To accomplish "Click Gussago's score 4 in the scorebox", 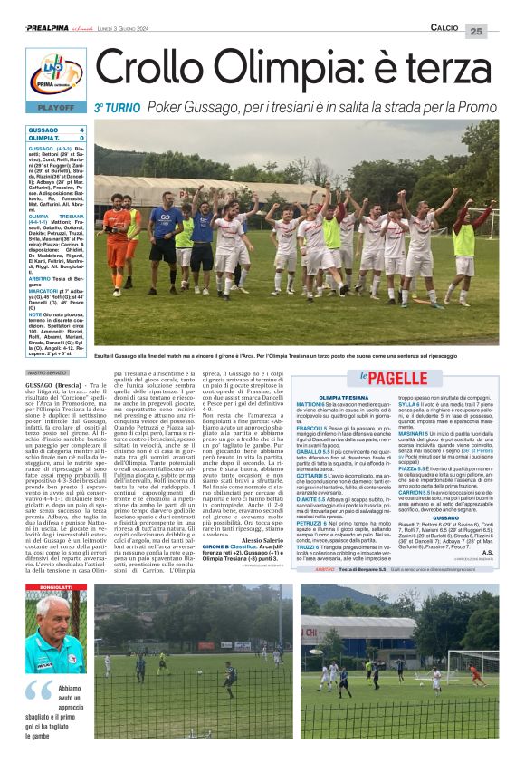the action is tap(82, 130).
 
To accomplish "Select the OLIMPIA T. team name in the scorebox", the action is tap(43, 138).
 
